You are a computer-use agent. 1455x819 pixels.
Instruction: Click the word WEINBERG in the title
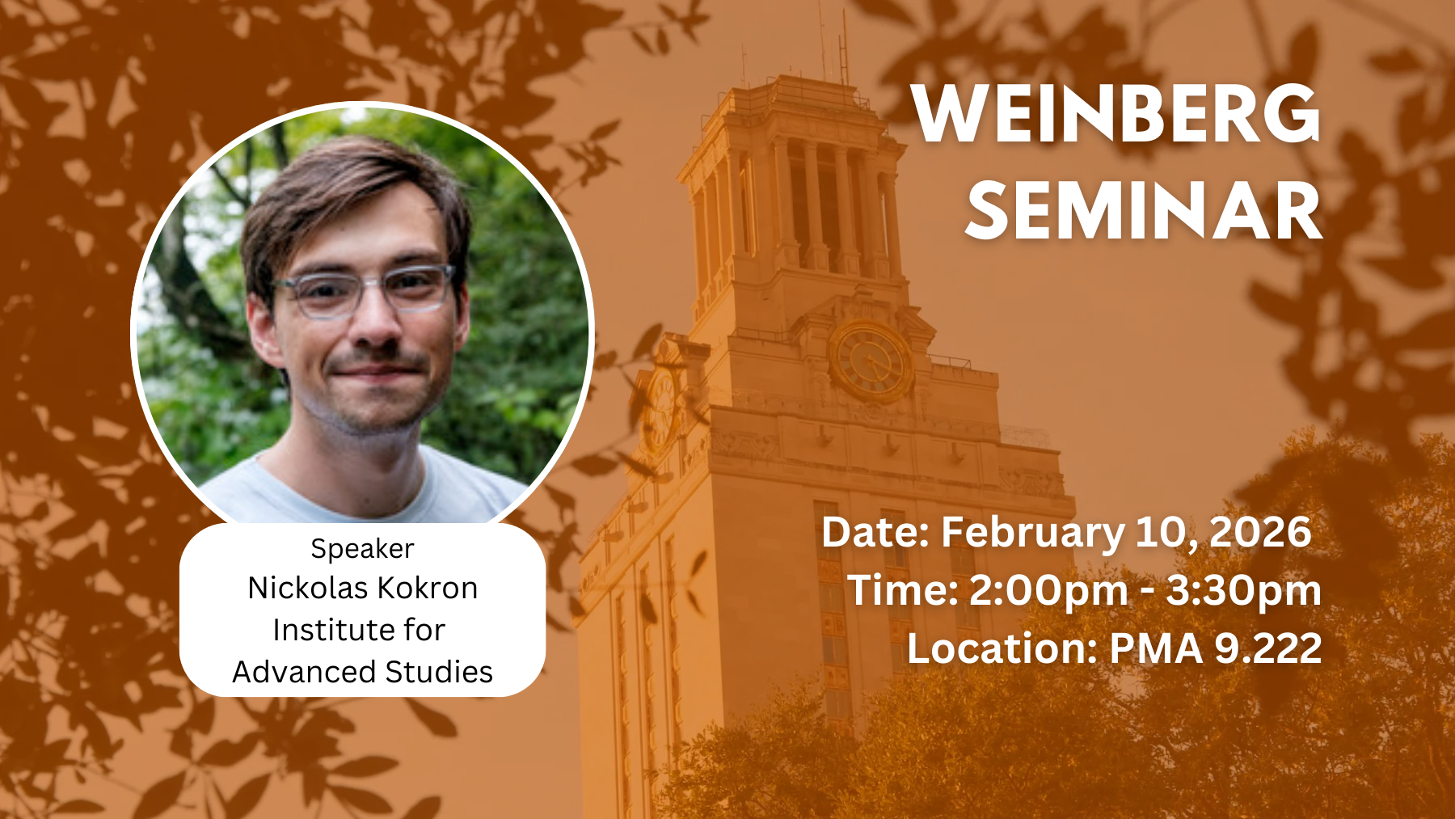tap(1117, 113)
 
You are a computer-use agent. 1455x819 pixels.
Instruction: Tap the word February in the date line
tap(1033, 533)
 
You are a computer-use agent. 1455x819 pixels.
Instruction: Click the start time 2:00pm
tap(1048, 591)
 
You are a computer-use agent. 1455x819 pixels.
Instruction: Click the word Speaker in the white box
tap(362, 550)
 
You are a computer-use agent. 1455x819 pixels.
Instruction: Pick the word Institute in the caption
tap(325, 630)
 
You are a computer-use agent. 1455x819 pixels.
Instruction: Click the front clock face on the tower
tap(871, 361)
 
